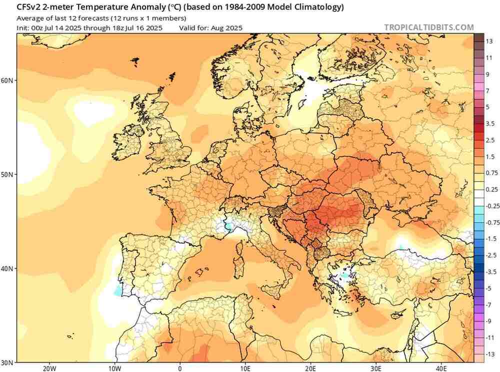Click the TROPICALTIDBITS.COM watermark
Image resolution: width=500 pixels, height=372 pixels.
pos(429,28)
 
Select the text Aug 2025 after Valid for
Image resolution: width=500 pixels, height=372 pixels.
pos(226,28)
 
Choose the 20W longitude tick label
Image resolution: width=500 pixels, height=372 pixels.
pos(48,368)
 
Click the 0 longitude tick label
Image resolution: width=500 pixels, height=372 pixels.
pos(180,368)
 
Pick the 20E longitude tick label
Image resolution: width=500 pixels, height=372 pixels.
pos(310,368)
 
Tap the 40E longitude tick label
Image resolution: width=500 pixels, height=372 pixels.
pos(441,368)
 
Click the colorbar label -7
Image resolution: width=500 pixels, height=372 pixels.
pos(489,305)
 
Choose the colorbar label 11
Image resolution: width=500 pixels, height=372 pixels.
pos(489,58)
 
